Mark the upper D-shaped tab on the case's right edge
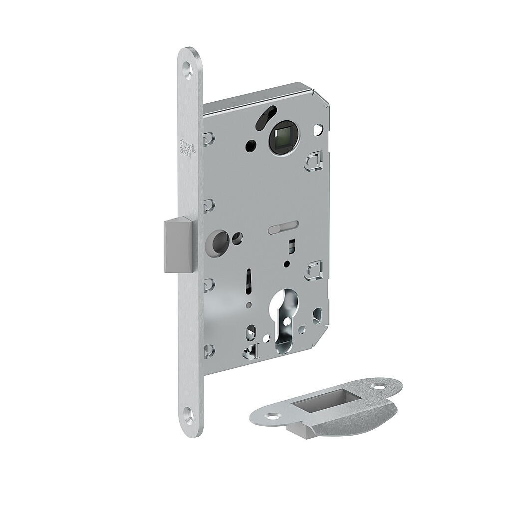tap(314, 161)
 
